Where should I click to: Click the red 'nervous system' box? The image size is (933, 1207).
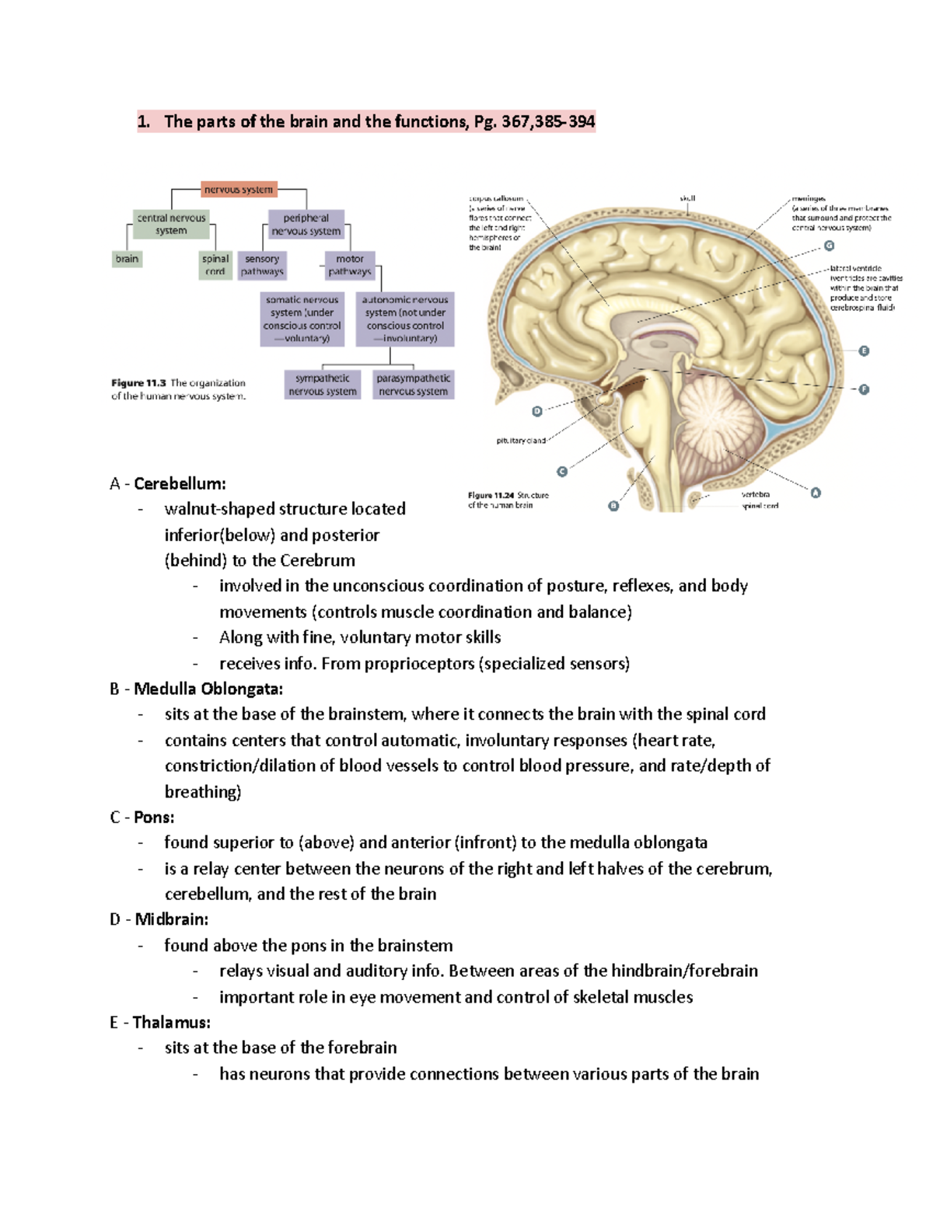click(x=239, y=190)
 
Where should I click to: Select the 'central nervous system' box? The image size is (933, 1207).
click(x=171, y=225)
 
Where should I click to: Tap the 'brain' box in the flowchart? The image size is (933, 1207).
click(x=128, y=259)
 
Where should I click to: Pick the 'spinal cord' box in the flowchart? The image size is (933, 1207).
click(x=215, y=265)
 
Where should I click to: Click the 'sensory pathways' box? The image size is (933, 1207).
click(x=262, y=265)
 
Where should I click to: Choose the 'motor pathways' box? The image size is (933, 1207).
click(x=350, y=265)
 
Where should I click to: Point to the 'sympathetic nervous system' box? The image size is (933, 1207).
click(x=323, y=385)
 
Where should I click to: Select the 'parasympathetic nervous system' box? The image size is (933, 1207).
click(x=413, y=385)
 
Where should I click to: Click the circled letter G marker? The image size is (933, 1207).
click(x=830, y=246)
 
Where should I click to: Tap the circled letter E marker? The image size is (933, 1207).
click(x=864, y=351)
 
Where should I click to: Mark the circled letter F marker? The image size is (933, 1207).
click(x=864, y=389)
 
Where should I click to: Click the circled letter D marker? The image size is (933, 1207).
click(x=536, y=411)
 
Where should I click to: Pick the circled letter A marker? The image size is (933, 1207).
click(x=816, y=493)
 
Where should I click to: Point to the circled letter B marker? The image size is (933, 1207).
click(x=613, y=506)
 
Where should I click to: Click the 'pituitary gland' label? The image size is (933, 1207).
click(x=521, y=441)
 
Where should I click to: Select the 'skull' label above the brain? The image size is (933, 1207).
click(x=687, y=198)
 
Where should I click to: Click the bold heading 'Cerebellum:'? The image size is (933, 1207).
click(x=180, y=483)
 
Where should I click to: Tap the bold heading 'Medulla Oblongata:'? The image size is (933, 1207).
click(x=208, y=689)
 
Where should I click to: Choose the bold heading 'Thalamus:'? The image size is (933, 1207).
click(x=172, y=1022)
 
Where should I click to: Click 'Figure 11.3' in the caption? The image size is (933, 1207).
click(x=139, y=383)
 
